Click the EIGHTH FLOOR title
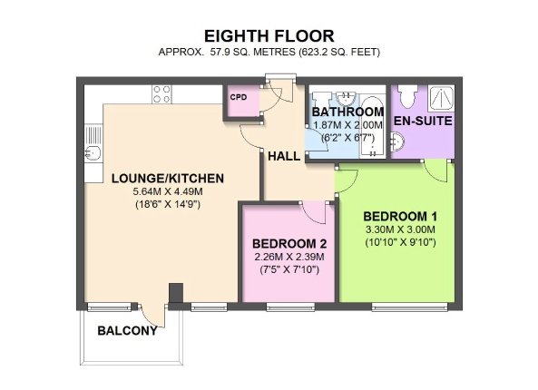click(x=269, y=36)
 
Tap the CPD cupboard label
click(x=239, y=97)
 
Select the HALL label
click(x=284, y=156)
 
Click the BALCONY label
click(x=127, y=331)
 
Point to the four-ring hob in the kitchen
click(x=161, y=94)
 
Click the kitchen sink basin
click(x=93, y=152)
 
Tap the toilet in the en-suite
click(x=407, y=96)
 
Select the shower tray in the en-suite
click(x=442, y=97)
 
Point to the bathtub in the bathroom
click(x=373, y=127)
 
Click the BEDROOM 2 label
click(x=289, y=244)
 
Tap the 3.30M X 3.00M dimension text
click(x=400, y=229)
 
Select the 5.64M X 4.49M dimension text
click(x=168, y=191)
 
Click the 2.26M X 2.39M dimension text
click(x=289, y=257)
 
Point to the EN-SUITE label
click(x=423, y=122)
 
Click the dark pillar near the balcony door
click(x=176, y=293)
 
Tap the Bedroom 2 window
click(x=290, y=307)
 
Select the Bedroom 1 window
click(x=410, y=307)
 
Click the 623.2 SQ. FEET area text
click(x=339, y=52)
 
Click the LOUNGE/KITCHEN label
click(x=168, y=179)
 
